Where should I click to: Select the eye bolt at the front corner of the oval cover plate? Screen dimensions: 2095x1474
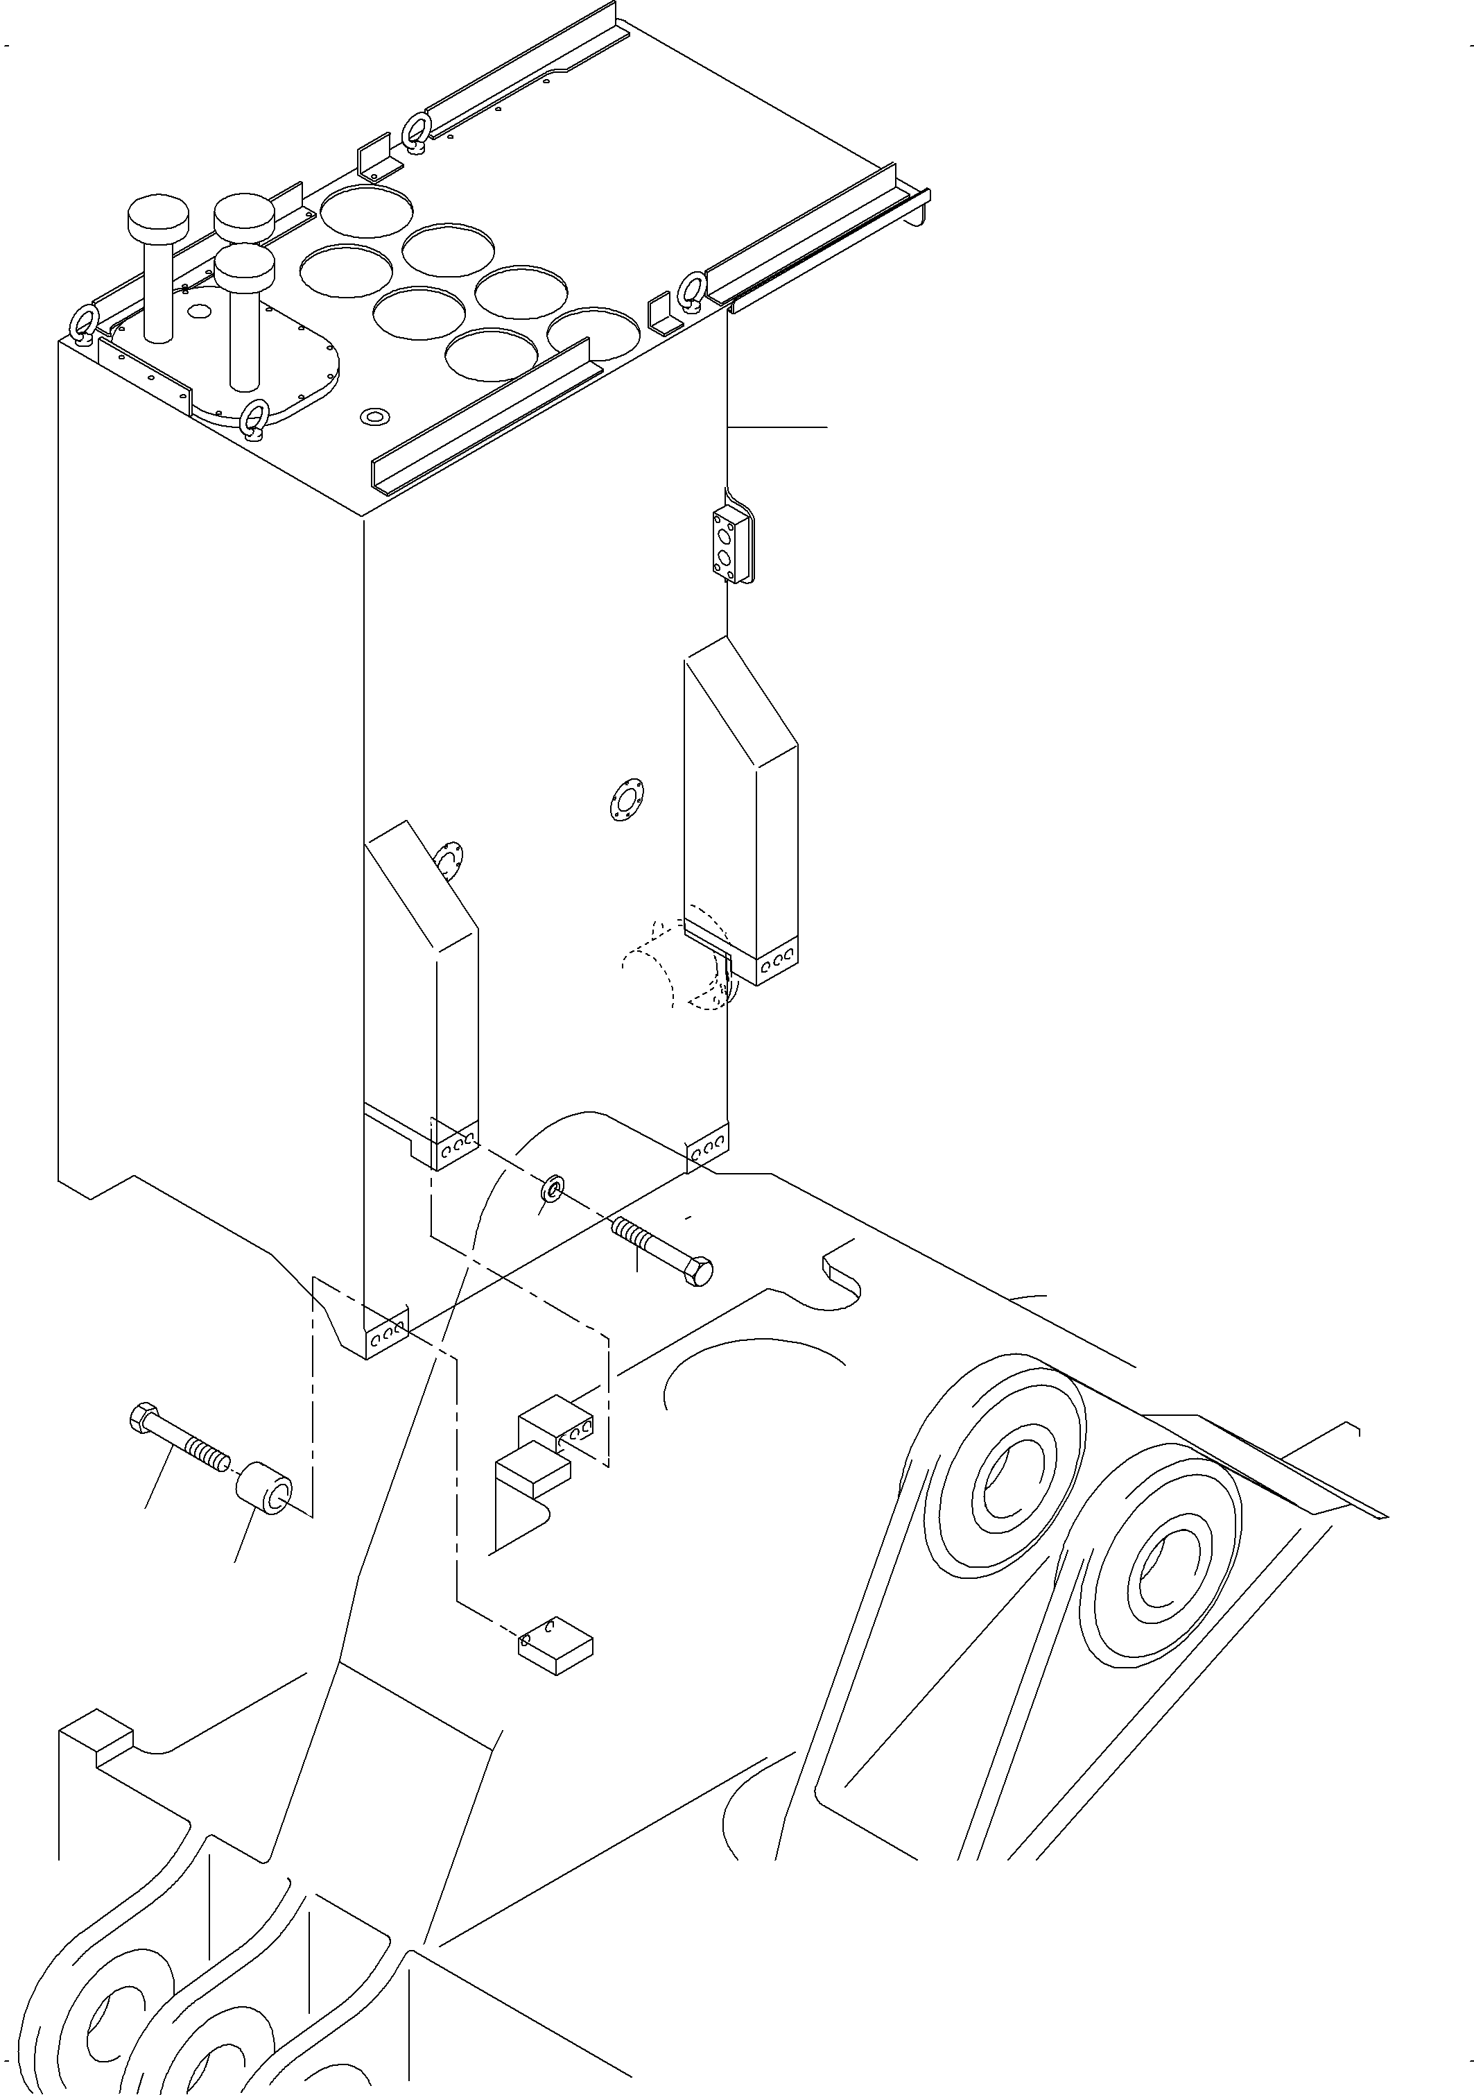coord(254,418)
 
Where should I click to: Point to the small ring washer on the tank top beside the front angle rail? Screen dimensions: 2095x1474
coord(374,417)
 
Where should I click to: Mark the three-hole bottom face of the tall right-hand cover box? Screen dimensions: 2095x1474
coord(777,963)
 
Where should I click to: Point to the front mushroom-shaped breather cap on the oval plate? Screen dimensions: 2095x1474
coord(245,264)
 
